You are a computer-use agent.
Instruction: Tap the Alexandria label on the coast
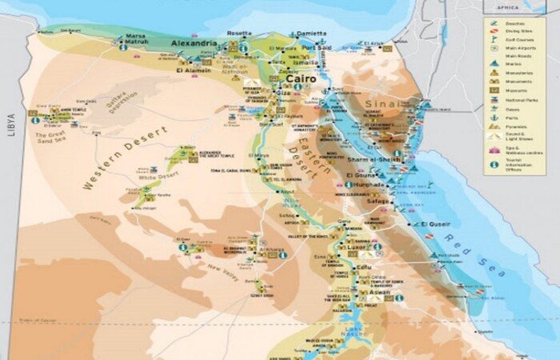click(x=192, y=43)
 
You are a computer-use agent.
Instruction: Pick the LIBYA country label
click(x=11, y=124)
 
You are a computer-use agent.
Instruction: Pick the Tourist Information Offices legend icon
click(x=495, y=166)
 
